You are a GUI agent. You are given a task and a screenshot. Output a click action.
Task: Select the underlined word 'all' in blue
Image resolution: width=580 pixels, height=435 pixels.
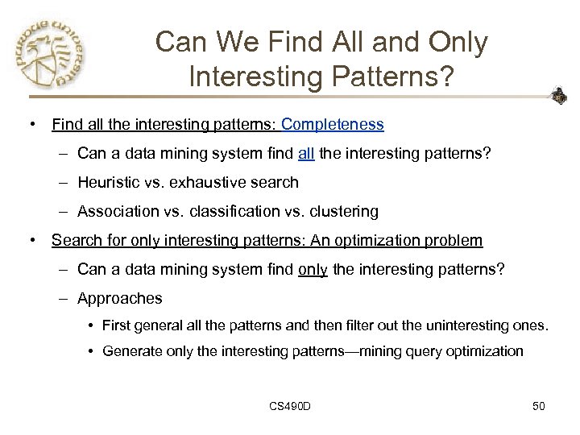(306, 153)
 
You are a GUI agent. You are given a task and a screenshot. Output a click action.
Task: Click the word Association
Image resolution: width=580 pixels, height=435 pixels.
(118, 211)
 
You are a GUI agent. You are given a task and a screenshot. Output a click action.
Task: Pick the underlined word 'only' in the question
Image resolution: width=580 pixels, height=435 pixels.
(313, 269)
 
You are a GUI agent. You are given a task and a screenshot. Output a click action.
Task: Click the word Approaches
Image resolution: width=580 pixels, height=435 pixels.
(120, 298)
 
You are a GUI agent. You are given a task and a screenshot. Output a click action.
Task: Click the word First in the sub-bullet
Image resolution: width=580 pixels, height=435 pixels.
(117, 325)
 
